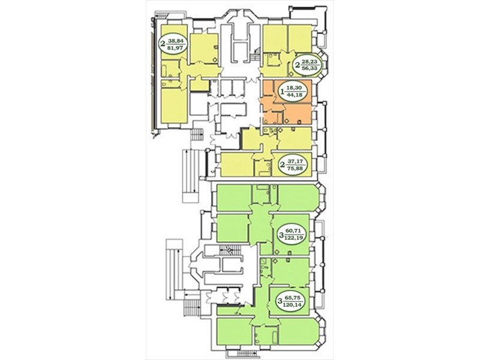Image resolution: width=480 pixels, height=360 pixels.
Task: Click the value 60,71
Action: pyautogui.click(x=293, y=231)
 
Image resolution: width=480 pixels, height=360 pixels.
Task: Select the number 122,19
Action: pyautogui.click(x=293, y=238)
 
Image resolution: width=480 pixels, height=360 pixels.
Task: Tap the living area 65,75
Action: pyautogui.click(x=292, y=297)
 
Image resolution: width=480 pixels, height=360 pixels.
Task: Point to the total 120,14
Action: pyautogui.click(x=292, y=304)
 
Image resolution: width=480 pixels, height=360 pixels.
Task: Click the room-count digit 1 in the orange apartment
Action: pyautogui.click(x=283, y=91)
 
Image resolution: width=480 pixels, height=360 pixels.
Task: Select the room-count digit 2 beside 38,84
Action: pyautogui.click(x=163, y=43)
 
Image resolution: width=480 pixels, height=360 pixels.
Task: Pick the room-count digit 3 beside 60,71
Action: pyautogui.click(x=281, y=235)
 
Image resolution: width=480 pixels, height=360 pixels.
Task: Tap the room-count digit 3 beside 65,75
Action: pyautogui.click(x=280, y=301)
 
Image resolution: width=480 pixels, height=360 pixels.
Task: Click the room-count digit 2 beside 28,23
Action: pyautogui.click(x=298, y=65)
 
